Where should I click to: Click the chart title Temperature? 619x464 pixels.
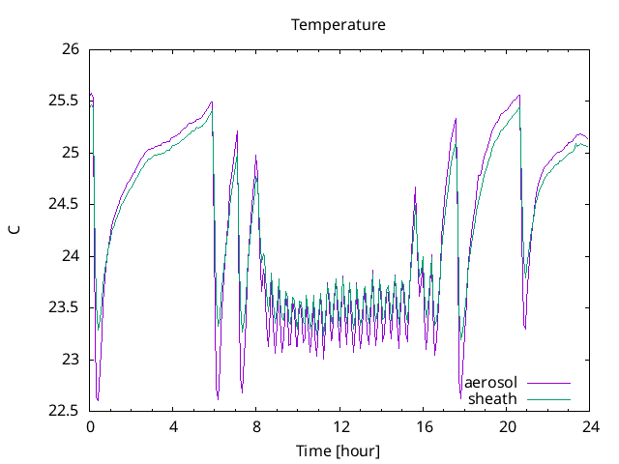[x=339, y=24]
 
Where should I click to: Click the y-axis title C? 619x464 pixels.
[x=14, y=230]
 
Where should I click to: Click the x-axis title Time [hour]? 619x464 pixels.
[x=339, y=451]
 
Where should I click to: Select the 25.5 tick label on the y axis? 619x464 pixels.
[x=63, y=101]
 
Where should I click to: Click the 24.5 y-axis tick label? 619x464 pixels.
[x=63, y=204]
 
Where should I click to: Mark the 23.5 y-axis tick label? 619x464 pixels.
[x=63, y=307]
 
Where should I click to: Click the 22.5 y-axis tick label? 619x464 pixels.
[x=63, y=411]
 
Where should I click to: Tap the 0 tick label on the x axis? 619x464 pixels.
[x=90, y=426]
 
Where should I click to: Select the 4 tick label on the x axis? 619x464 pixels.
[x=173, y=426]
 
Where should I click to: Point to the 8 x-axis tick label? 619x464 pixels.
[x=256, y=426]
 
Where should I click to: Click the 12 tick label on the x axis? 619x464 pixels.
[x=340, y=426]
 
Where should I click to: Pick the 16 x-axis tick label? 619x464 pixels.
[x=424, y=426]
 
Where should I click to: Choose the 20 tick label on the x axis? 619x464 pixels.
[x=507, y=426]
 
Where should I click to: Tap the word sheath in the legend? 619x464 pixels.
[x=493, y=398]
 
